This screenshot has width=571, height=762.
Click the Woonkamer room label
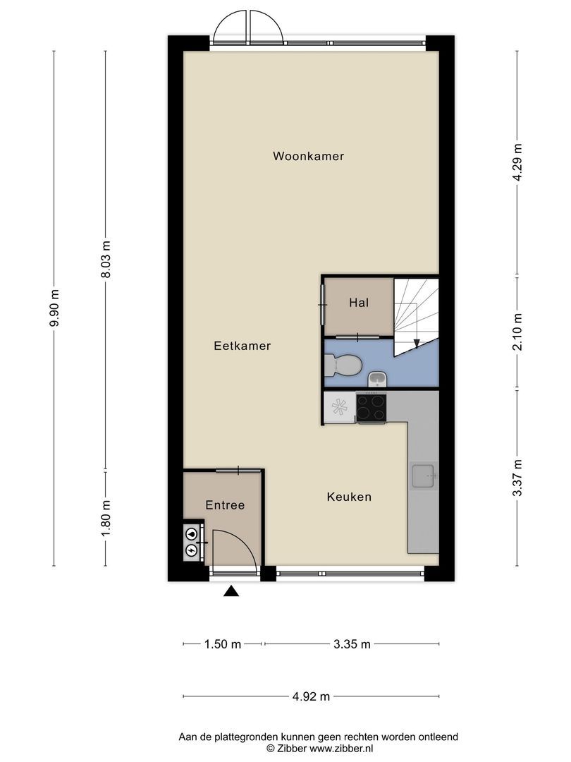[x=309, y=157]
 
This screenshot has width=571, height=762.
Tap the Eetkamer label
[x=242, y=346]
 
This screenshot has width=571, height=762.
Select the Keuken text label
[x=349, y=497]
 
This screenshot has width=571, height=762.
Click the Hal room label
[x=359, y=303]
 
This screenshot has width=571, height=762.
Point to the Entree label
[x=225, y=505]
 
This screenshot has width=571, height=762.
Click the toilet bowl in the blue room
[x=344, y=365]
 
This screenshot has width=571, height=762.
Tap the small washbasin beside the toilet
[x=377, y=380]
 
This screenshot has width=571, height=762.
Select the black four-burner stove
[x=371, y=407]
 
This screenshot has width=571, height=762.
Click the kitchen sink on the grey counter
[x=424, y=476]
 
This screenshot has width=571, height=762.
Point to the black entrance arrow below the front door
[x=231, y=592]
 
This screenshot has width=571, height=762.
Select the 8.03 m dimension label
[x=106, y=260]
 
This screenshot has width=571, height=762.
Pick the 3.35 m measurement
[x=352, y=644]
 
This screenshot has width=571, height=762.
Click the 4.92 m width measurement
[x=311, y=697]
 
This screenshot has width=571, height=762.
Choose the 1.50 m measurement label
[x=223, y=644]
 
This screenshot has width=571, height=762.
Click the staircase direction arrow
[x=417, y=343]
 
